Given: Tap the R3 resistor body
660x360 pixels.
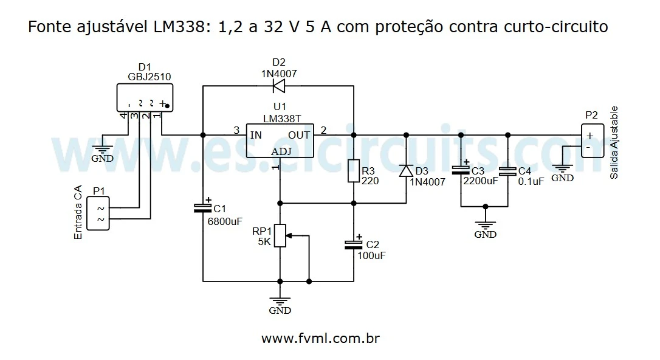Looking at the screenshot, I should tap(353, 171).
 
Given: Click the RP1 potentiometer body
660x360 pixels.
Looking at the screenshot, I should tap(280, 236).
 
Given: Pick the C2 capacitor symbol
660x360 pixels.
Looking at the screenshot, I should tap(353, 244).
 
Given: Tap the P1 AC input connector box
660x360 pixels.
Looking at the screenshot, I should tap(98, 213).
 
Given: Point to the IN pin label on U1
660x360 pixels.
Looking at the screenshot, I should tap(256, 135).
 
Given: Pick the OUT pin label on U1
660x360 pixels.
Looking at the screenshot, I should tap(299, 135).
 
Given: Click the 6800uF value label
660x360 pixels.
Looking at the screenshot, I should tap(225, 221).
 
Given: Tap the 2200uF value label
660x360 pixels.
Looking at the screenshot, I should tap(480, 181).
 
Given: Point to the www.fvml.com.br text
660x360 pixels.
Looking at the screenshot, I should tap(320, 338).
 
